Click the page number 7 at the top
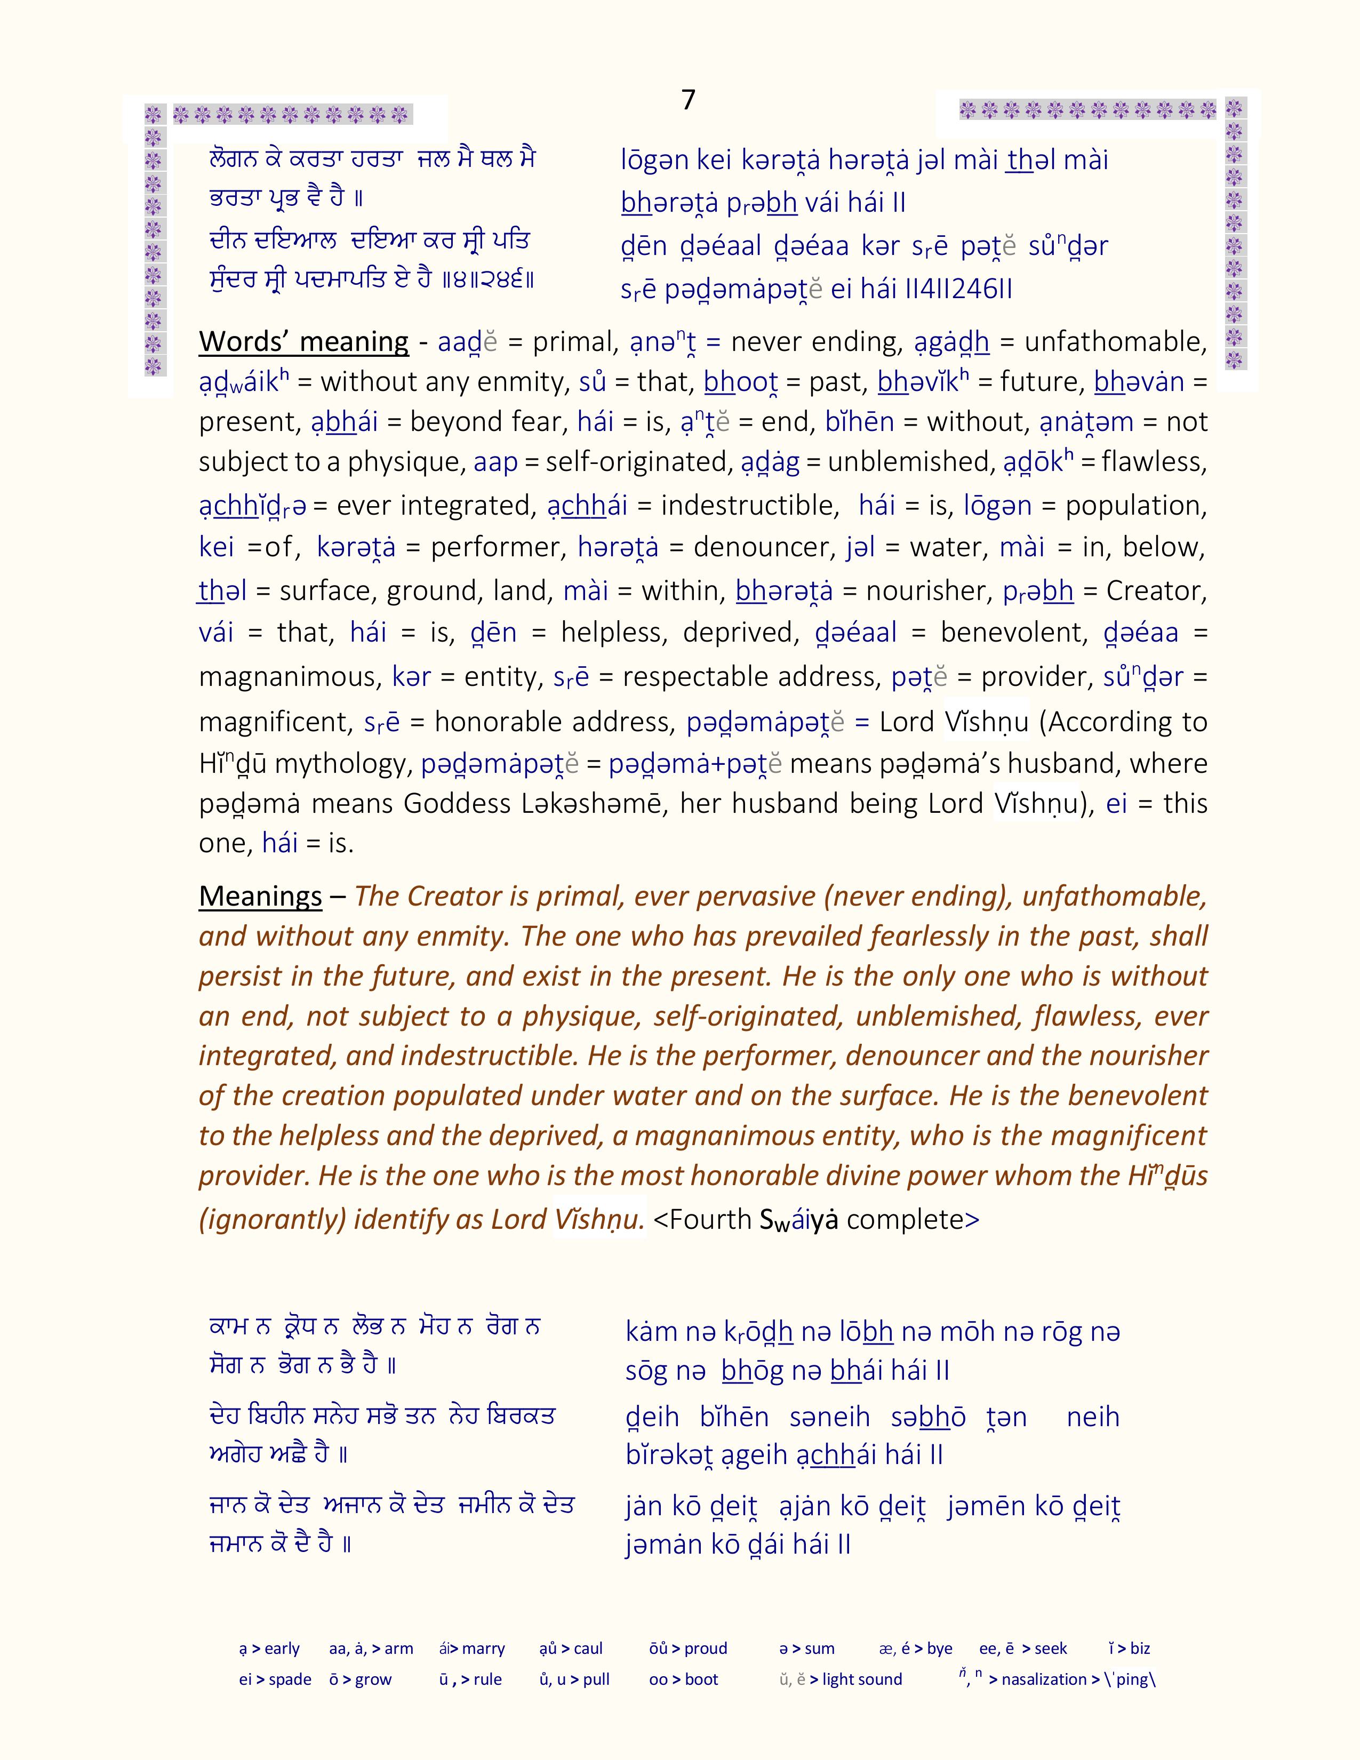tap(687, 100)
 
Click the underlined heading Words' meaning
tap(304, 342)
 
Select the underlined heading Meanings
tap(260, 896)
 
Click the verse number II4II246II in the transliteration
tap(959, 289)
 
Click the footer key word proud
tap(705, 1649)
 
